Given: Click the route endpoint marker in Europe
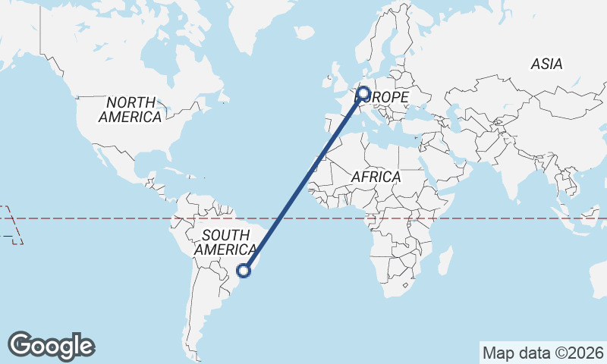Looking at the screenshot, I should [363, 94].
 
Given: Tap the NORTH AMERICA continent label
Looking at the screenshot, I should [131, 110].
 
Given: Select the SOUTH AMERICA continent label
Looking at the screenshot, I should [225, 242].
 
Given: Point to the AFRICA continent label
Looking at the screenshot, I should [376, 177].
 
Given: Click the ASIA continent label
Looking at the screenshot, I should [546, 64].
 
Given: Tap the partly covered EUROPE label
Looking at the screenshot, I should [388, 98].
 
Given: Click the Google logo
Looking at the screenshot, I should [51, 346].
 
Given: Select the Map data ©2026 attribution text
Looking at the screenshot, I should [543, 353].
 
